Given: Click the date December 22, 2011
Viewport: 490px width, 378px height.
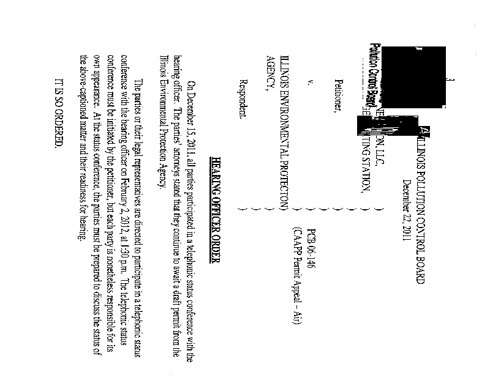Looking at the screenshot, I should (x=405, y=206).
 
